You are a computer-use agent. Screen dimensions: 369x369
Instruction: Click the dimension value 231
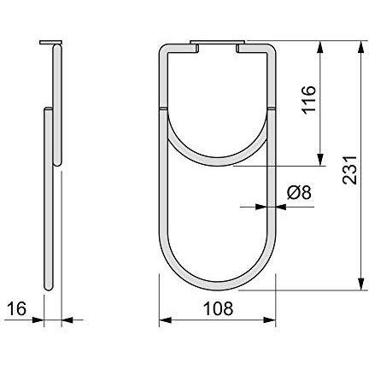click(x=349, y=170)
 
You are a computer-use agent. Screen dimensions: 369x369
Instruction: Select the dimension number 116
click(x=309, y=99)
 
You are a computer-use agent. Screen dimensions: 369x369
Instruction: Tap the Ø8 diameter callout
click(x=299, y=193)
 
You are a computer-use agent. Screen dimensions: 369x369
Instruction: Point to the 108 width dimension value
click(x=219, y=308)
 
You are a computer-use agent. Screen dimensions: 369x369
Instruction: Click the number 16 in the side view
click(x=17, y=308)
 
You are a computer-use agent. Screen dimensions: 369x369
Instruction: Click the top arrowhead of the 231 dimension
click(x=361, y=47)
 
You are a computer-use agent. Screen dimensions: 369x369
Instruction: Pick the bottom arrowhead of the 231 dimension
click(x=361, y=284)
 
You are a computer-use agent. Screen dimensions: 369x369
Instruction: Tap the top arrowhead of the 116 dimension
click(x=320, y=47)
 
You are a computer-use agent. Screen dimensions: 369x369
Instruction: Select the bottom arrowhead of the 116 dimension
click(x=320, y=160)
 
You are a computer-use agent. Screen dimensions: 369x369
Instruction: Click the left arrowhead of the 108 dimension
click(x=165, y=320)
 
